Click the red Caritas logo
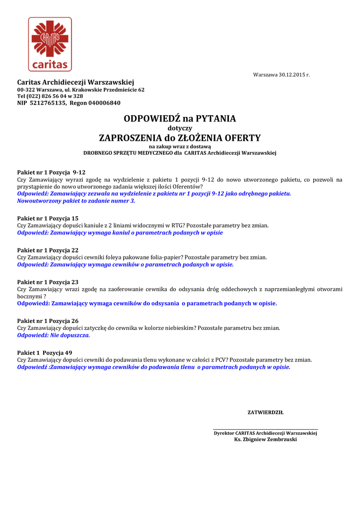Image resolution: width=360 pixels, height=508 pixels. pyautogui.click(x=50, y=44)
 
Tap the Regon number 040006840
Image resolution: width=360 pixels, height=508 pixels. pyautogui.click(x=104, y=103)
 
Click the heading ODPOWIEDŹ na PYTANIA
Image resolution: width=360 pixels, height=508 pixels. pyautogui.click(x=180, y=119)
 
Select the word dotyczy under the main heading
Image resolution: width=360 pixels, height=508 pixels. pyautogui.click(x=180, y=128)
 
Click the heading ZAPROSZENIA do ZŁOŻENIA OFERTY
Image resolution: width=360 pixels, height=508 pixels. pyautogui.click(x=180, y=137)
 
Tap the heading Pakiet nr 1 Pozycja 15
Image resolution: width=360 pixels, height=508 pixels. pyautogui.click(x=48, y=218)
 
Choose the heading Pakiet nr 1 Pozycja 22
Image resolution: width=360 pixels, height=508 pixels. pyautogui.click(x=48, y=251)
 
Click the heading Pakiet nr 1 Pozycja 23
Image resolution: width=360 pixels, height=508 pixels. pyautogui.click(x=48, y=282)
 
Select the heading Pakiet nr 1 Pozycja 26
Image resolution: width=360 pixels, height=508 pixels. pyautogui.click(x=48, y=321)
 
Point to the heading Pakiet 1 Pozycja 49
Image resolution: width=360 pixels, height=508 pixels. pyautogui.click(x=44, y=353)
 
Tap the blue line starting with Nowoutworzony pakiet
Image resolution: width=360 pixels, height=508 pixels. pyautogui.click(x=76, y=201)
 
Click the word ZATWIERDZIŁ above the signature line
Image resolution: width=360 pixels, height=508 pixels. pyautogui.click(x=265, y=412)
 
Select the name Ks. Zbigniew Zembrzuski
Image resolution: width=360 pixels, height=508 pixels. pyautogui.click(x=265, y=440)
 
